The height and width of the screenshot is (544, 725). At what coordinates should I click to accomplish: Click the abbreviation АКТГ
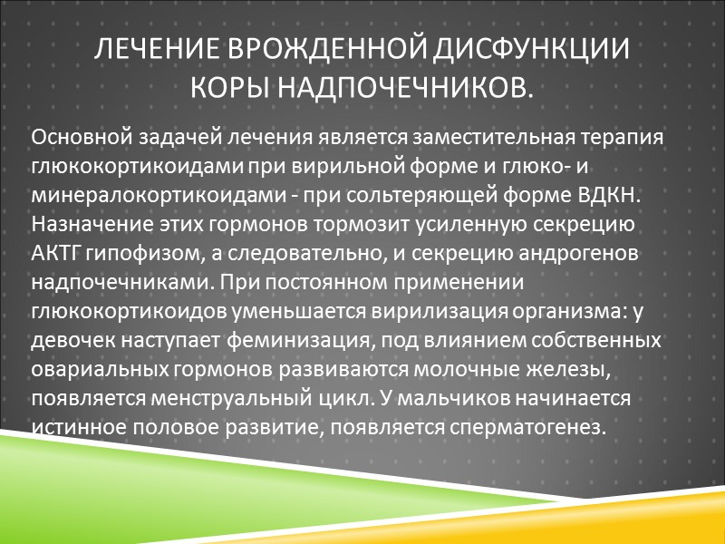click(x=53, y=253)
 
